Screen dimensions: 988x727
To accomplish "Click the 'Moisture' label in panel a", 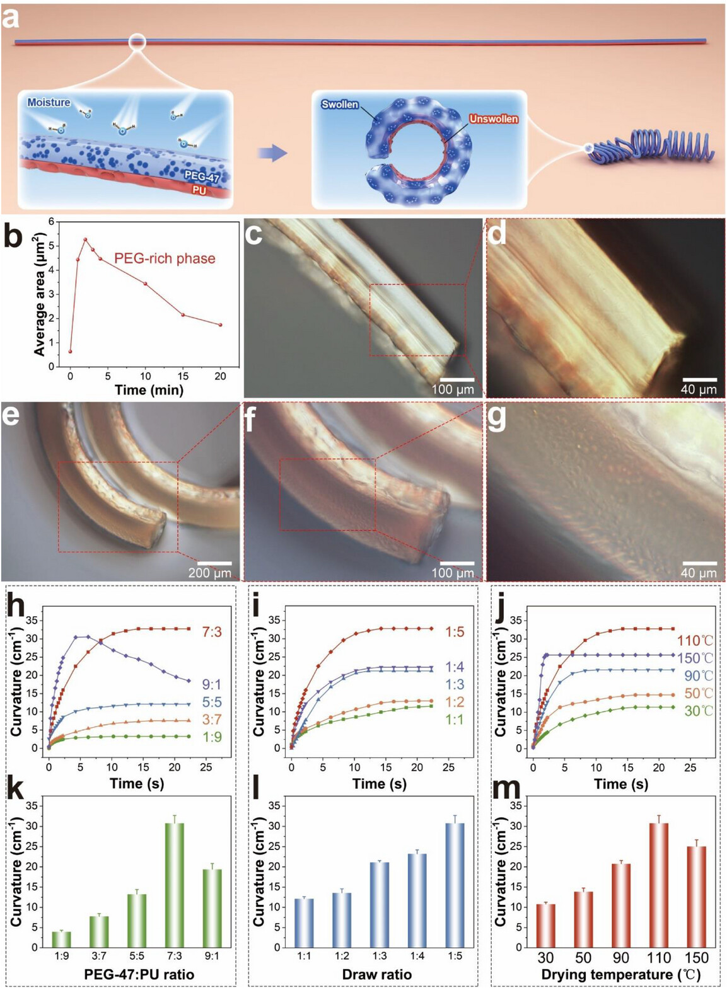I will pos(49,102).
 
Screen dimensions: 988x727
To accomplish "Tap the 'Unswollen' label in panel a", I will pos(493,119).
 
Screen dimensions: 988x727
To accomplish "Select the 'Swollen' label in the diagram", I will pos(339,105).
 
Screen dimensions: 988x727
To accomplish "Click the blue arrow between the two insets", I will pos(272,153).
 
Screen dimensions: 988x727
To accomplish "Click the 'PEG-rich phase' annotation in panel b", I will pos(165,258).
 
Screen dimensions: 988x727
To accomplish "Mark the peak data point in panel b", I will pos(85,239).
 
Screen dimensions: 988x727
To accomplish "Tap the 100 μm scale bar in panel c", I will pos(453,380).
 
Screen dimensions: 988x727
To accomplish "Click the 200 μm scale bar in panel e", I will pos(210,563).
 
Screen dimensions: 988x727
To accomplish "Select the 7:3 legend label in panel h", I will pos(212,631).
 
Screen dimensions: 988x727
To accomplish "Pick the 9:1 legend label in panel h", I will pos(212,684).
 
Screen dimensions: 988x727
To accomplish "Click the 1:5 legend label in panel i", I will pos(455,631).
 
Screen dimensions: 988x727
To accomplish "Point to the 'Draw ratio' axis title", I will pos(377,974).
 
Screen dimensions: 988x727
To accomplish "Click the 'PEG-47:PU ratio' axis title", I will pos(139,974).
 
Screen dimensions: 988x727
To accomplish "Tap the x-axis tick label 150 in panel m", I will pos(696,958).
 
